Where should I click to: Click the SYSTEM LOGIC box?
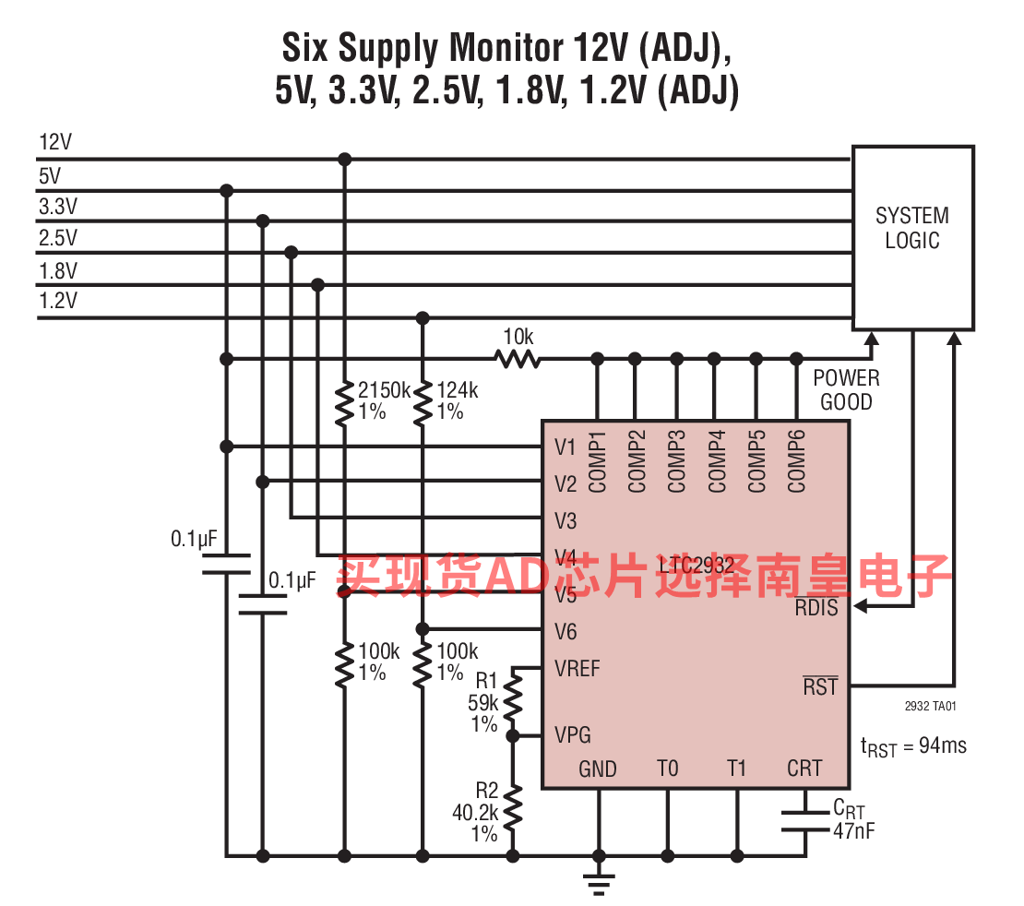[911, 237]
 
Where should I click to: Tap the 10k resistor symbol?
[518, 358]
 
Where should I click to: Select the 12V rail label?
[55, 142]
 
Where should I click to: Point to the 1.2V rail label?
[57, 301]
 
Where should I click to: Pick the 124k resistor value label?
[458, 390]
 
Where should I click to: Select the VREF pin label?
[577, 668]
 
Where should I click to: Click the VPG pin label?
[573, 735]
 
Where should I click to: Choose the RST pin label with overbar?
[819, 686]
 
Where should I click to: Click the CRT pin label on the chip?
[804, 768]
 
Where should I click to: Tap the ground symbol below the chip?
[600, 886]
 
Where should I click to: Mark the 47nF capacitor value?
[854, 831]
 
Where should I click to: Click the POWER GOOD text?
[846, 389]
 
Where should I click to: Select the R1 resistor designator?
[486, 681]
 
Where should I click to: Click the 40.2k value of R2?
[475, 813]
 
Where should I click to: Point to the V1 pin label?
[566, 447]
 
